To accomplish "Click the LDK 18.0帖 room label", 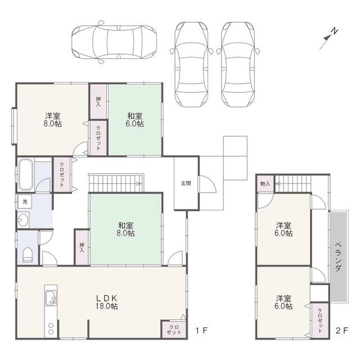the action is tap(107, 302).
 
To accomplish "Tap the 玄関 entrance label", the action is tap(186, 183).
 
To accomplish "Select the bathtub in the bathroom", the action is tap(26, 175).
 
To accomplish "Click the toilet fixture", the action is tap(28, 255).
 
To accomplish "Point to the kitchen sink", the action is tap(51, 298).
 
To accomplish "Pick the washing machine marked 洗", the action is tap(25, 202).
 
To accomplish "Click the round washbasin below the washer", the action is tap(23, 220).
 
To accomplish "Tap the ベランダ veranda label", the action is tap(338, 256).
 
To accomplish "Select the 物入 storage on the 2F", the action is tap(265, 184).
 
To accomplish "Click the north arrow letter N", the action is tap(335, 31).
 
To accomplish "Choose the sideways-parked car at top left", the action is tap(114, 42).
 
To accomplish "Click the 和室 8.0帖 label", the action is tap(125, 229).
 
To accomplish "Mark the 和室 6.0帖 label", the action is tap(135, 120).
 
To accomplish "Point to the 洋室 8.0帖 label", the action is tap(52, 120).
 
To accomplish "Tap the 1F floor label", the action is tap(201, 331).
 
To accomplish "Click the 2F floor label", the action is tap(342, 331).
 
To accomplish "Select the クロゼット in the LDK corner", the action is tap(174, 330).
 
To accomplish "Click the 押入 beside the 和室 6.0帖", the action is tap(98, 102).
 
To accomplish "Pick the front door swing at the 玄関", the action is tap(208, 184).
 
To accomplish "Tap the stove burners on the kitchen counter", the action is tap(51, 328).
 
